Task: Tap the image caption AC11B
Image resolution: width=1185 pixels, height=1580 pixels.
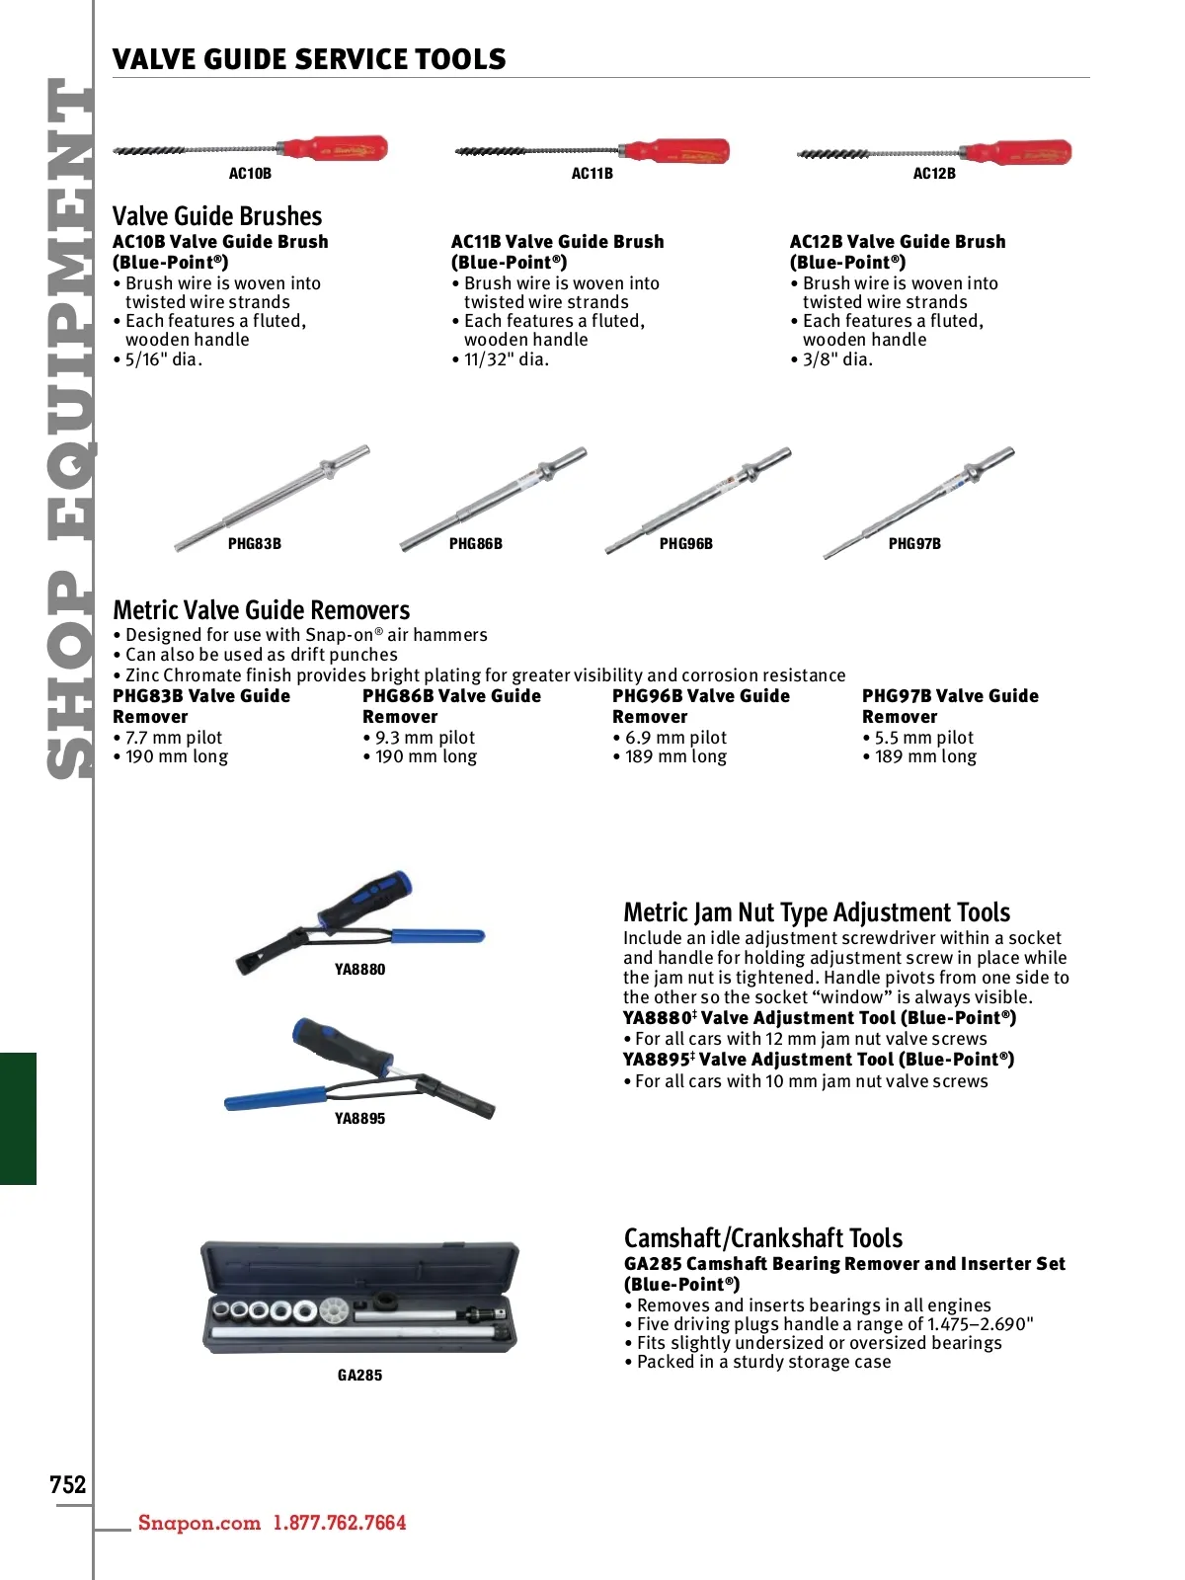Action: click(x=592, y=174)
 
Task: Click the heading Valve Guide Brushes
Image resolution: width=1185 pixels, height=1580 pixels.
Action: click(x=217, y=216)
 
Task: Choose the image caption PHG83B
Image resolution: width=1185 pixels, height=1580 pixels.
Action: click(x=255, y=544)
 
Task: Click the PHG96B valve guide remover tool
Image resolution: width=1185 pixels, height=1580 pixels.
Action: click(x=697, y=502)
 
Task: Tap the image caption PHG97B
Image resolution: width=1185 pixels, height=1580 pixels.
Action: click(x=914, y=544)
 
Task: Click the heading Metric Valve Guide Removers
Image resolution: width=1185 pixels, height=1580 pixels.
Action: click(x=261, y=610)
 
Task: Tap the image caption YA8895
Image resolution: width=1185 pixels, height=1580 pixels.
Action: click(x=359, y=1119)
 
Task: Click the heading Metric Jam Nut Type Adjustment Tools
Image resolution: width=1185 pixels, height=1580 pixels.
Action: click(x=817, y=912)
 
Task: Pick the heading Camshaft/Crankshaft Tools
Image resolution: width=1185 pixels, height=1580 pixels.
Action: click(x=763, y=1238)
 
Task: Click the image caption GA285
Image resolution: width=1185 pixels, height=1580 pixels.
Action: click(x=359, y=1376)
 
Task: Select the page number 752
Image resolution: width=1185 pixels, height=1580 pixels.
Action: click(x=68, y=1485)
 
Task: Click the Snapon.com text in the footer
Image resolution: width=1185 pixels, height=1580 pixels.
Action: click(x=199, y=1523)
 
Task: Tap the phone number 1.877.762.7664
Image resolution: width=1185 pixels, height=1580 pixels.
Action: click(x=340, y=1523)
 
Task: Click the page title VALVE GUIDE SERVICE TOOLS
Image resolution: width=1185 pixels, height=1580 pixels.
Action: click(x=309, y=59)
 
